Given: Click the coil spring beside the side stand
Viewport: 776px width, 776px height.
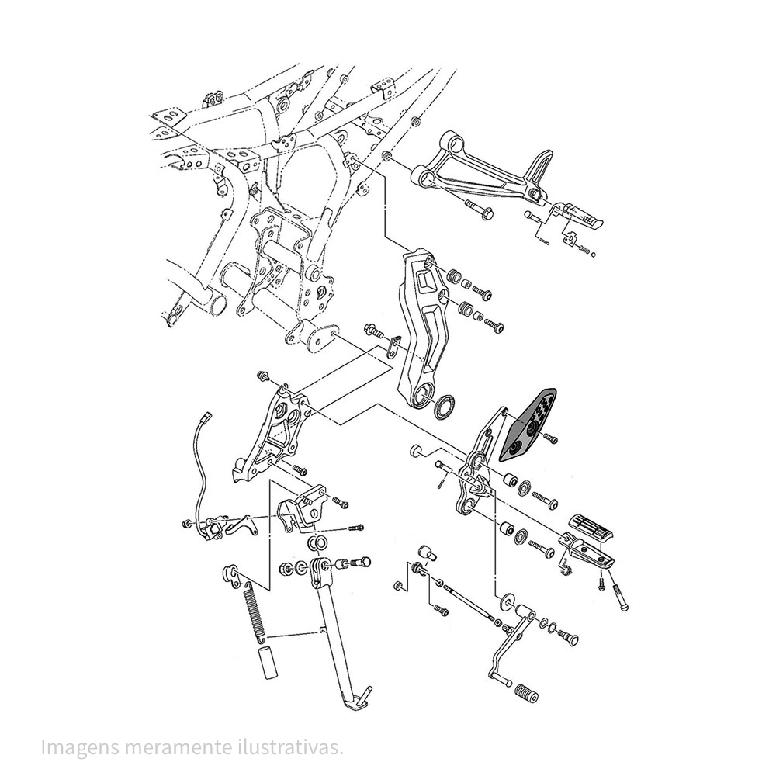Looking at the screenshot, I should click(253, 609).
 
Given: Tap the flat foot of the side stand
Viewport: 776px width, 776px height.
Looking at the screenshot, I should click(359, 704).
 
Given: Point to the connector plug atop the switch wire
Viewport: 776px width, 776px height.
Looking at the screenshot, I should click(206, 420).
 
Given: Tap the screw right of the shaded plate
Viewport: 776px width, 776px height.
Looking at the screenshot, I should click(552, 439).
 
